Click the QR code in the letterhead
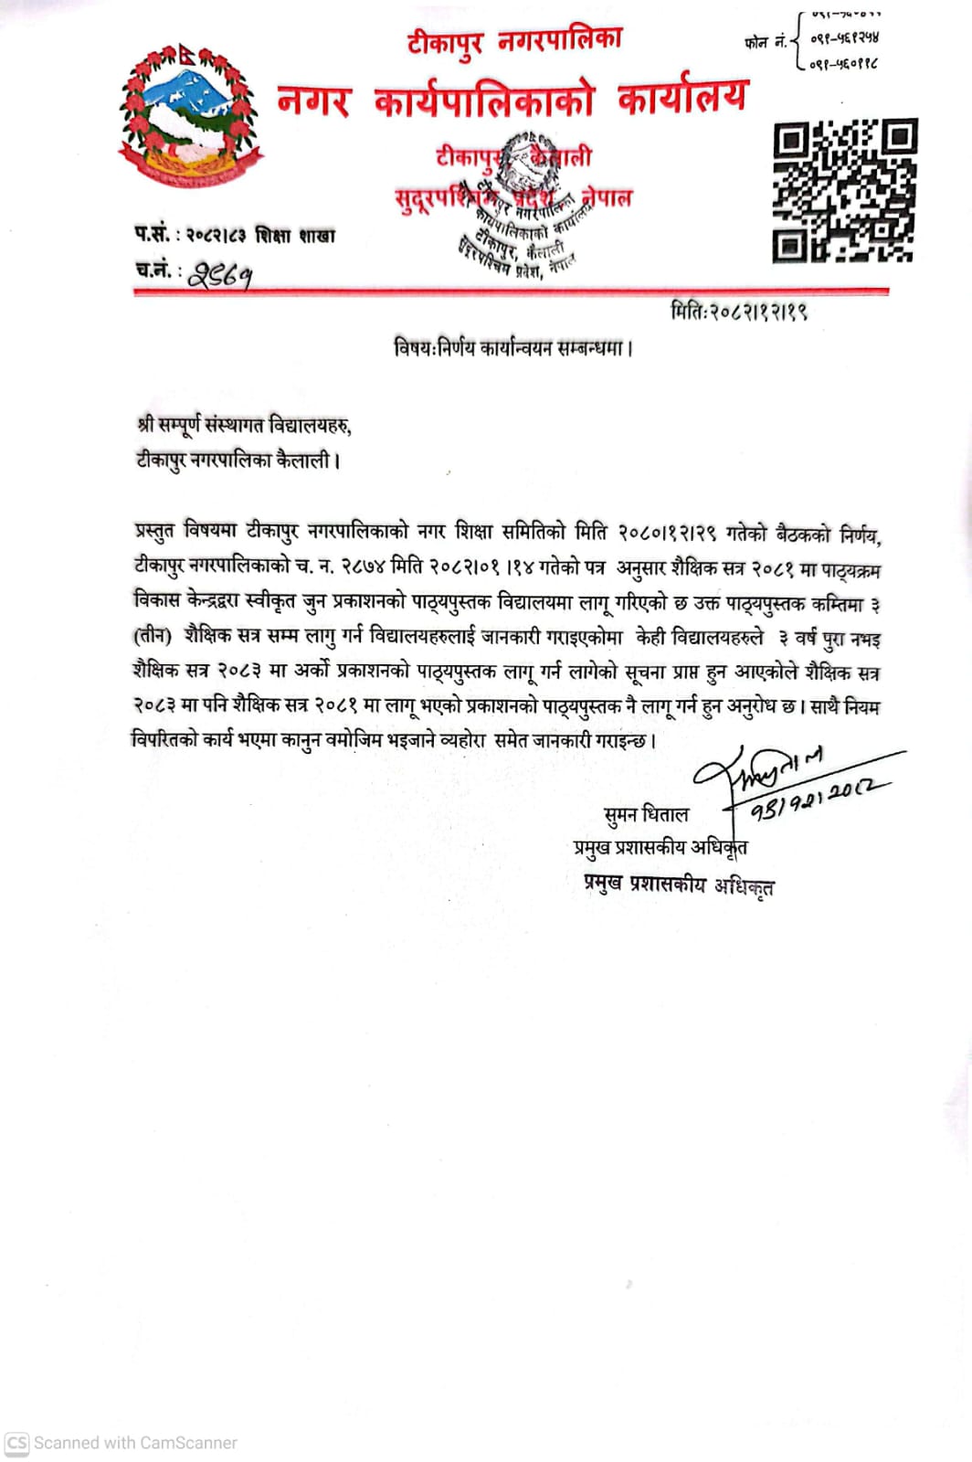844,190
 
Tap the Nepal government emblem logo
191,116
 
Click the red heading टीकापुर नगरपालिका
514,41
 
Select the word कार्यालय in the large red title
682,98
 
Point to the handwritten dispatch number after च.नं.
220,273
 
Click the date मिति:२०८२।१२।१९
738,312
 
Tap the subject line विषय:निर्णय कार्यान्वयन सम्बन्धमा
513,348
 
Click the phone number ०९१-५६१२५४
844,38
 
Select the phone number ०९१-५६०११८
844,64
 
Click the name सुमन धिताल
646,814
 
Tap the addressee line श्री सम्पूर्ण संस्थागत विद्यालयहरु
244,425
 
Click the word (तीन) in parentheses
152,636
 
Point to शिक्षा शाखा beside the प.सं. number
295,236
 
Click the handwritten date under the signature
818,800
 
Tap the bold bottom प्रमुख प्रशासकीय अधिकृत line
679,885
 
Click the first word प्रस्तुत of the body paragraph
155,532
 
